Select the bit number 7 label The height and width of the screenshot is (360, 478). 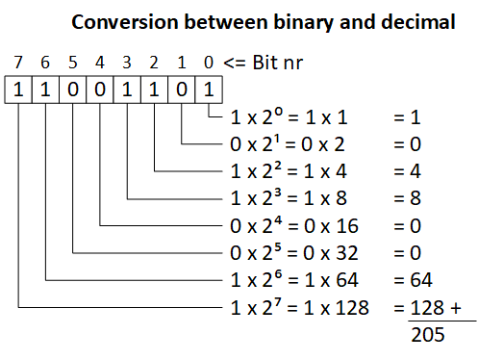tap(18, 64)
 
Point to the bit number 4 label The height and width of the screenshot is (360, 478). tap(101, 64)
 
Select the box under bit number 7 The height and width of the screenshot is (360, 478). tap(18, 90)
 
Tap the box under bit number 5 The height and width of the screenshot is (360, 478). tap(73, 90)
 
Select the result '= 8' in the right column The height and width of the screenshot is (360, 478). tap(409, 201)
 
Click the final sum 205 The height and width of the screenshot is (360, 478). tap(426, 335)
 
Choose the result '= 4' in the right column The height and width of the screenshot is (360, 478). tap(409, 174)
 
